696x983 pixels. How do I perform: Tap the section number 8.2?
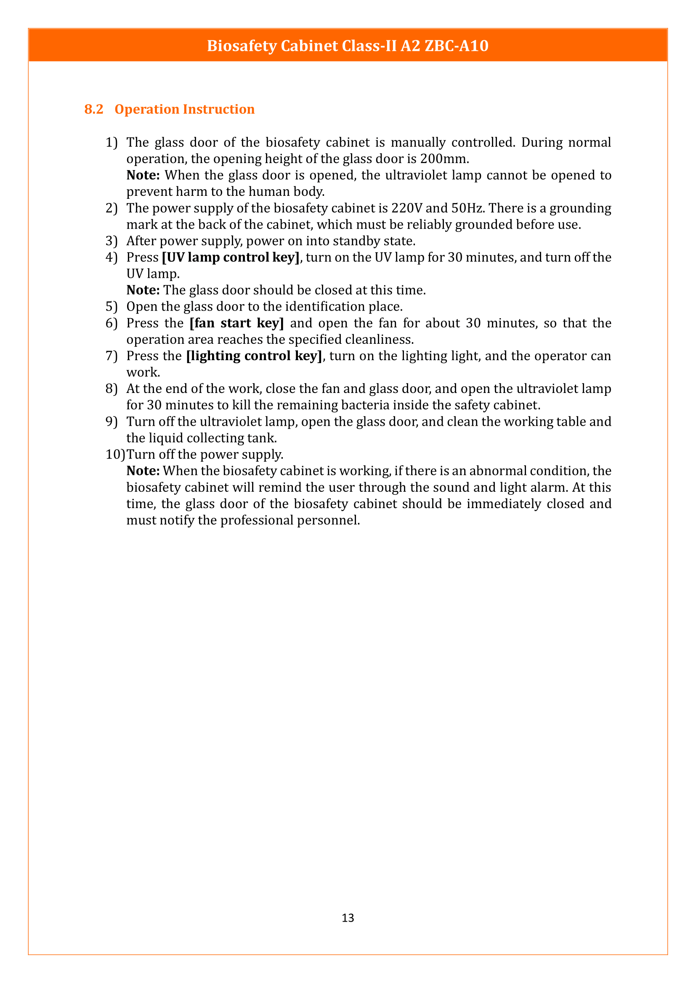[94, 109]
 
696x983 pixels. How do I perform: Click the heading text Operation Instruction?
[184, 109]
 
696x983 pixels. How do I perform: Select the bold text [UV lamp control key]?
[231, 257]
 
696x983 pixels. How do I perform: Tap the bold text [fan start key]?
[236, 323]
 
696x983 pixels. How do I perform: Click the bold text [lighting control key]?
[254, 356]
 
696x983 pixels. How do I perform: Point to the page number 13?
[348, 917]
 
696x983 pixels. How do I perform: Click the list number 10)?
[115, 454]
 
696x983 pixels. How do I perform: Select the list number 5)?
[112, 306]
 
